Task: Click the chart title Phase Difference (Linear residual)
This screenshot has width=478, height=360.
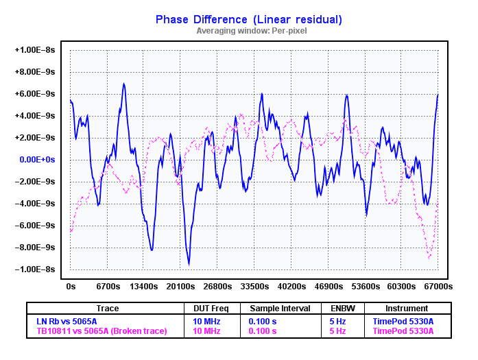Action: point(248,19)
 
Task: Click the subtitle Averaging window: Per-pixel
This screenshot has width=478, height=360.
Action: point(252,31)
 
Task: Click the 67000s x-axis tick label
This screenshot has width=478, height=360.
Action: point(438,286)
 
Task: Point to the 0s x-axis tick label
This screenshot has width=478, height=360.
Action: point(71,286)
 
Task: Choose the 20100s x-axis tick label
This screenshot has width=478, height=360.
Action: point(181,286)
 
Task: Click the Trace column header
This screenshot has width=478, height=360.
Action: point(107,309)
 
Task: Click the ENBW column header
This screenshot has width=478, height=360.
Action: point(343,309)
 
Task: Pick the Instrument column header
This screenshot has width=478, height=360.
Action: point(407,309)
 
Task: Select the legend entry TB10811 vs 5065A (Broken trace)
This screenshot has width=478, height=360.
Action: point(101,331)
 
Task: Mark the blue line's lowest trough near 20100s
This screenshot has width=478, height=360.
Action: point(189,264)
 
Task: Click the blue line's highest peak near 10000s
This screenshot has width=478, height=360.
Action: point(124,84)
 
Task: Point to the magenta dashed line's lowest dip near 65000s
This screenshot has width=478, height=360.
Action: point(429,258)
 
